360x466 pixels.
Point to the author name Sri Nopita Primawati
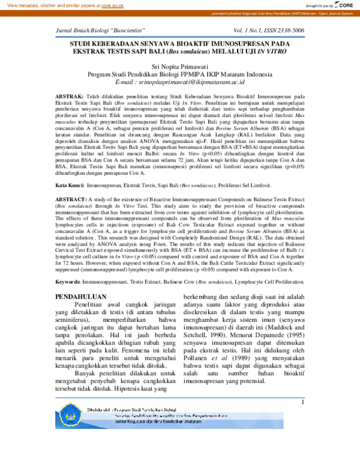point(179,65)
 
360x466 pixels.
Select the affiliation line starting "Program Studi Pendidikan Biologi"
point(179,74)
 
